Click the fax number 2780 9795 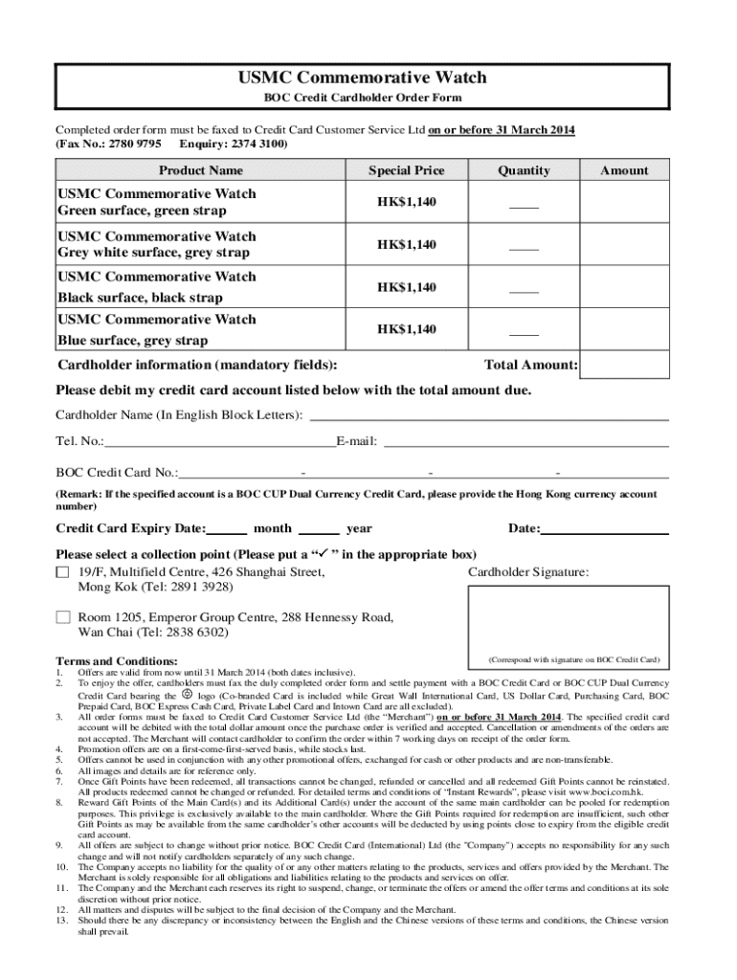click(x=134, y=144)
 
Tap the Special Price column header click(x=406, y=170)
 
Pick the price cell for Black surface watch click(x=406, y=287)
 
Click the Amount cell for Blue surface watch click(x=624, y=329)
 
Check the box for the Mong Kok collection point click(x=63, y=572)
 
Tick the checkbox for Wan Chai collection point click(x=63, y=617)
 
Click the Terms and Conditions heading click(x=117, y=661)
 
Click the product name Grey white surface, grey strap click(x=154, y=253)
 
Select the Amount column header click(x=624, y=170)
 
